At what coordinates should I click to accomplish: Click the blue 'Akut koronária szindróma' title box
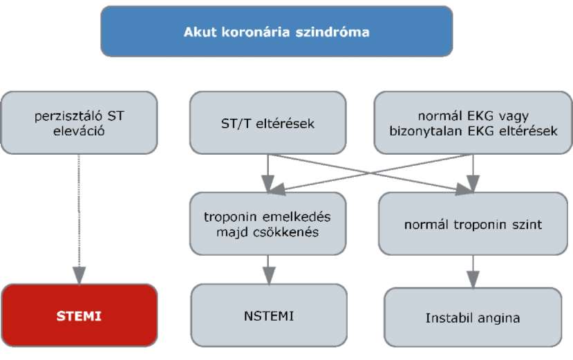[276, 31]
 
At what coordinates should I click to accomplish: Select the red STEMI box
[79, 315]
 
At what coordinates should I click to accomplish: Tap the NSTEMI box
[269, 315]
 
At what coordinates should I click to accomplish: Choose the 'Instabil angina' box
[473, 317]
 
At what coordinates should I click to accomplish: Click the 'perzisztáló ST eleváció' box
[79, 123]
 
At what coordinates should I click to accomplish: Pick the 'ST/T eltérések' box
[268, 123]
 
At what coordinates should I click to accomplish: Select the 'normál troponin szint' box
[473, 224]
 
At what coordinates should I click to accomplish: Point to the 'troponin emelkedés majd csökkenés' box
[268, 224]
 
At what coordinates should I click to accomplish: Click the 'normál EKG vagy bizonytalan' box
[473, 123]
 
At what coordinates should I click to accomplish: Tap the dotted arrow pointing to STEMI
[79, 219]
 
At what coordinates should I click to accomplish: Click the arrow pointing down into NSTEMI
[269, 269]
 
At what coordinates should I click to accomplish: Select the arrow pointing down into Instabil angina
[473, 272]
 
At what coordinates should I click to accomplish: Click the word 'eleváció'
[79, 131]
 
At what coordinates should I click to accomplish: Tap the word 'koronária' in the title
[256, 32]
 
